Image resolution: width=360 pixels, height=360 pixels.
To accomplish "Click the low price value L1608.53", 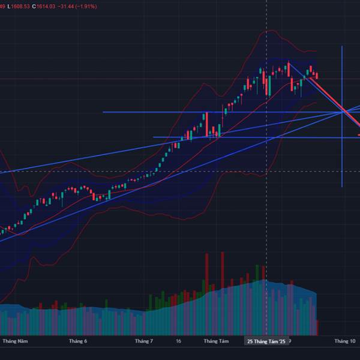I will (x=20, y=6).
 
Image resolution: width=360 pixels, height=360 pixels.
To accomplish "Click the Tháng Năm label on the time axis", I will (x=15, y=341).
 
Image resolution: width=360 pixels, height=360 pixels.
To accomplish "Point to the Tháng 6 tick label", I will (x=78, y=341).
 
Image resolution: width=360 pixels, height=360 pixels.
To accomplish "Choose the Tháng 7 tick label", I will (x=144, y=341).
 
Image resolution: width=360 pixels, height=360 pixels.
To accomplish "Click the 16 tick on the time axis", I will (x=179, y=341).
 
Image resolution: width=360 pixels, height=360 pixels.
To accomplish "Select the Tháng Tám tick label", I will (x=216, y=341).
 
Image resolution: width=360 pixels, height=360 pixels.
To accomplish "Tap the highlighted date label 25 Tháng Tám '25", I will (x=266, y=341).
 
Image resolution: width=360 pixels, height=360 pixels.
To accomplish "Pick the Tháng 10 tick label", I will (x=344, y=341).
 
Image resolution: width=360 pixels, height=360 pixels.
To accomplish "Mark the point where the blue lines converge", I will (x=343, y=112).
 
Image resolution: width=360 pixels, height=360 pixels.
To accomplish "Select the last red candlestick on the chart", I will (x=317, y=76).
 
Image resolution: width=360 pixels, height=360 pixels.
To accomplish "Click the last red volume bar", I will (x=317, y=328).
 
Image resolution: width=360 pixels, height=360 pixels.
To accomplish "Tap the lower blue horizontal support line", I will (x=240, y=137).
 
